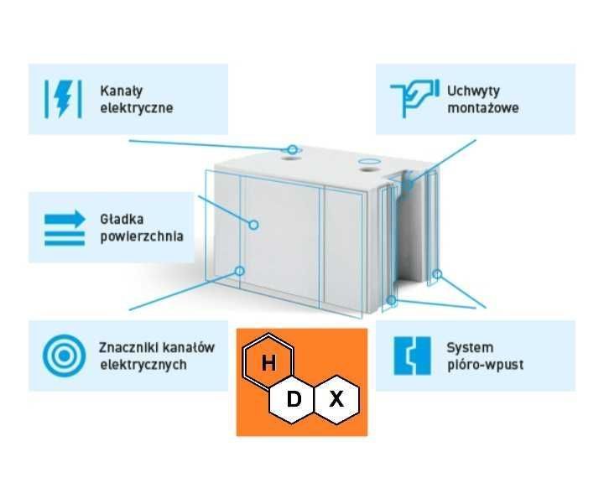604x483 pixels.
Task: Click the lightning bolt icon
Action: pyautogui.click(x=63, y=97)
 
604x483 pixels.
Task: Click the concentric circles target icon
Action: pyautogui.click(x=61, y=356)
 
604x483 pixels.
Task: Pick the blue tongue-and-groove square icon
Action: pyautogui.click(x=412, y=356)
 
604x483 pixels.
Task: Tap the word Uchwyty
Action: pyautogui.click(x=474, y=89)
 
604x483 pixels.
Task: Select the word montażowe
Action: pyautogui.click(x=483, y=107)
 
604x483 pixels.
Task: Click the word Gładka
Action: pyautogui.click(x=122, y=219)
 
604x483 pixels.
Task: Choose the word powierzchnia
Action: pyautogui.click(x=141, y=236)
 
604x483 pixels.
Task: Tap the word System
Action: pyautogui.click(x=470, y=347)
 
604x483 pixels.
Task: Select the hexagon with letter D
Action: pyautogui.click(x=294, y=399)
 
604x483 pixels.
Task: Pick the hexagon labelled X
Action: pyautogui.click(x=336, y=399)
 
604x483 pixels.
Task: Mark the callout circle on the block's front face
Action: pyautogui.click(x=253, y=224)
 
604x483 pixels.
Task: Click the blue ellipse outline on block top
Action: pyautogui.click(x=369, y=160)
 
